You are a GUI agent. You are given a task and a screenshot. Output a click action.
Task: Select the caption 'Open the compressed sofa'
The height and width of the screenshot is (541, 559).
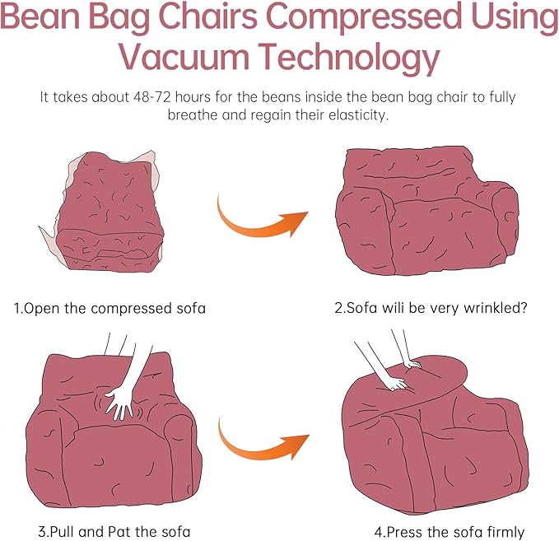point(109,309)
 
